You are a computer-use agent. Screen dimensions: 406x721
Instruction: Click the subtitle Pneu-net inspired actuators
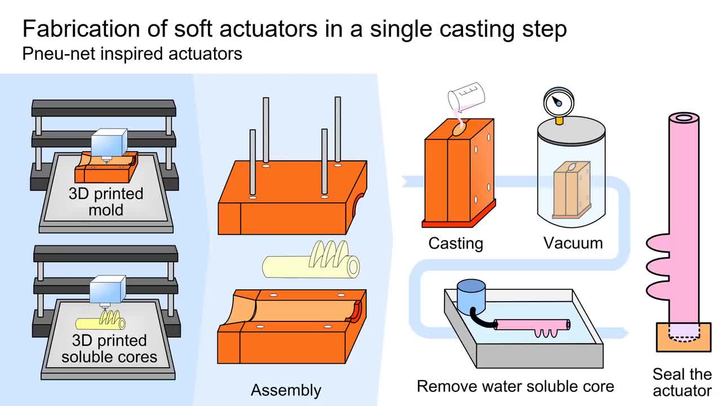[x=132, y=54]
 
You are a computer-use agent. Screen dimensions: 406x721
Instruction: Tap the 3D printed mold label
[x=106, y=202]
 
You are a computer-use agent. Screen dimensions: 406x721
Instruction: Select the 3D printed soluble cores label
[x=109, y=348]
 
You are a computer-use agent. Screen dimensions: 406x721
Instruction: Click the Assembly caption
[x=286, y=390]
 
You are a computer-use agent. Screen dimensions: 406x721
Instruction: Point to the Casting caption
[x=456, y=244]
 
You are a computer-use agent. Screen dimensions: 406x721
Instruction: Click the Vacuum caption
[x=573, y=243]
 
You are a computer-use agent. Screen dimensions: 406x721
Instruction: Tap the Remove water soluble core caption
[x=515, y=386]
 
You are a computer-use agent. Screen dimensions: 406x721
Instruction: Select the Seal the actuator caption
[x=682, y=382]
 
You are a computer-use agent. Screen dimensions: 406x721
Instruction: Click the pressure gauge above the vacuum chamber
[x=558, y=102]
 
